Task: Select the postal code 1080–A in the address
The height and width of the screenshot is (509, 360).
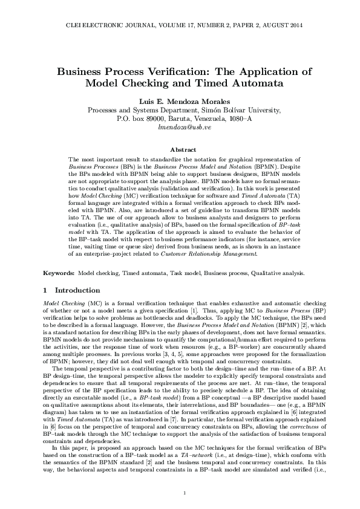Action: tap(239, 119)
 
